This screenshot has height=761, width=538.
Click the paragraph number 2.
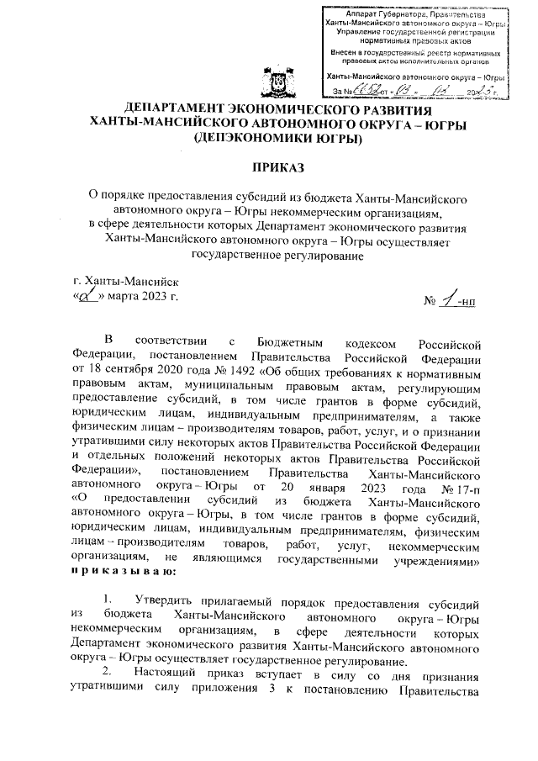pyautogui.click(x=107, y=674)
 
